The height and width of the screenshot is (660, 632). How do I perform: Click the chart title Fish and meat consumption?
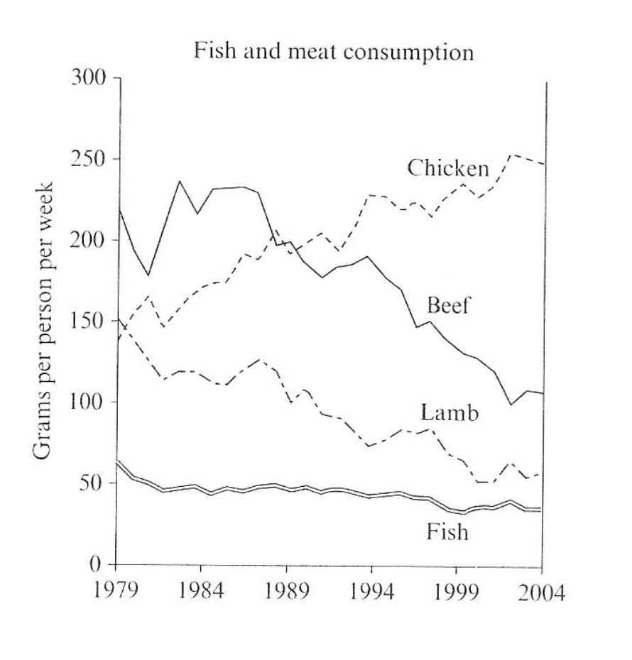[x=333, y=53]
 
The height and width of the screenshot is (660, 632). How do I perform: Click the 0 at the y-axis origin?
[x=99, y=565]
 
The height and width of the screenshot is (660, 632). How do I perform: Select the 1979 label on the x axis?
[x=114, y=593]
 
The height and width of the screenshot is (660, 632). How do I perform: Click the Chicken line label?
[x=448, y=169]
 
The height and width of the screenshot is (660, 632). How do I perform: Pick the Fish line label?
[x=447, y=531]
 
